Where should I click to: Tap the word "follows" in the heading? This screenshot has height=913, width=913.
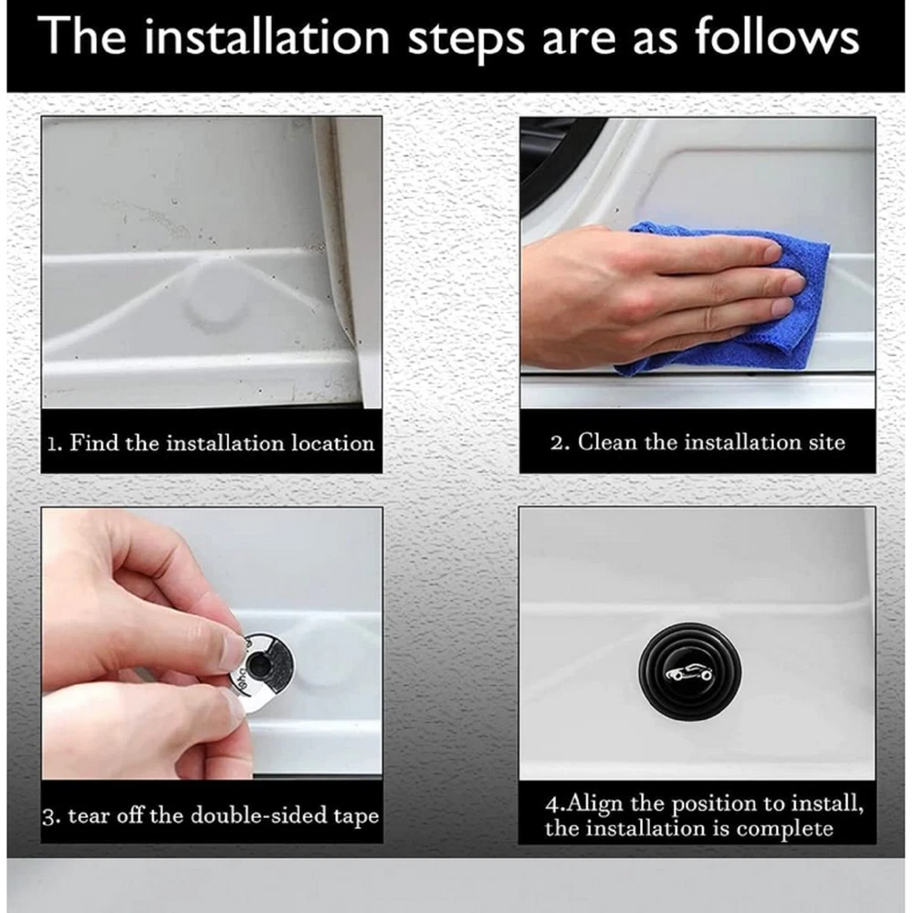(777, 37)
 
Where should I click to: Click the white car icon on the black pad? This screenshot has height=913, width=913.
(689, 674)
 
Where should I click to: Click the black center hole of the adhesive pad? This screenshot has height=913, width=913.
(257, 664)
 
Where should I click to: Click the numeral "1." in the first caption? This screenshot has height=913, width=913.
(54, 444)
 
